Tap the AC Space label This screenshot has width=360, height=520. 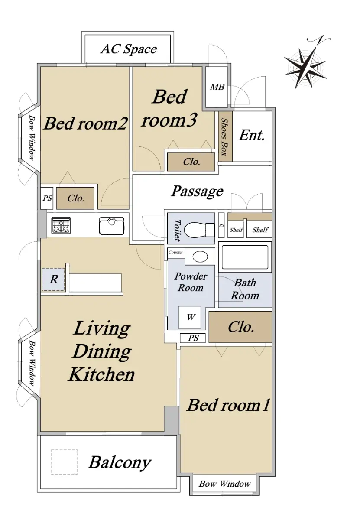click(129, 49)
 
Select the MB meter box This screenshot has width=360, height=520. click(217, 87)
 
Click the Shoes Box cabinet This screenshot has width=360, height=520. click(225, 136)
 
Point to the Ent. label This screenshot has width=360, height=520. click(252, 135)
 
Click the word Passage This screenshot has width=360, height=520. click(197, 192)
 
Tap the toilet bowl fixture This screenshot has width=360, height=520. click(199, 230)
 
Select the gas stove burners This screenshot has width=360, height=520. click(61, 225)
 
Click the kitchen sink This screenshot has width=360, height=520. click(112, 226)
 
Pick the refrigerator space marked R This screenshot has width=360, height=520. click(53, 279)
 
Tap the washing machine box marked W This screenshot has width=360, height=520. click(189, 317)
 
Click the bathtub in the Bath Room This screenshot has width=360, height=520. click(245, 257)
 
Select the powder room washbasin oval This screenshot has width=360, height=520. click(200, 257)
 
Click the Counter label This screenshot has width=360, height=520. click(176, 252)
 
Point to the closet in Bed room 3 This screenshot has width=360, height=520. click(191, 162)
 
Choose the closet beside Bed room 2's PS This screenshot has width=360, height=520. click(75, 198)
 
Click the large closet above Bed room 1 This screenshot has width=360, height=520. click(240, 327)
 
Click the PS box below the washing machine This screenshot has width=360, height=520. click(193, 338)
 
